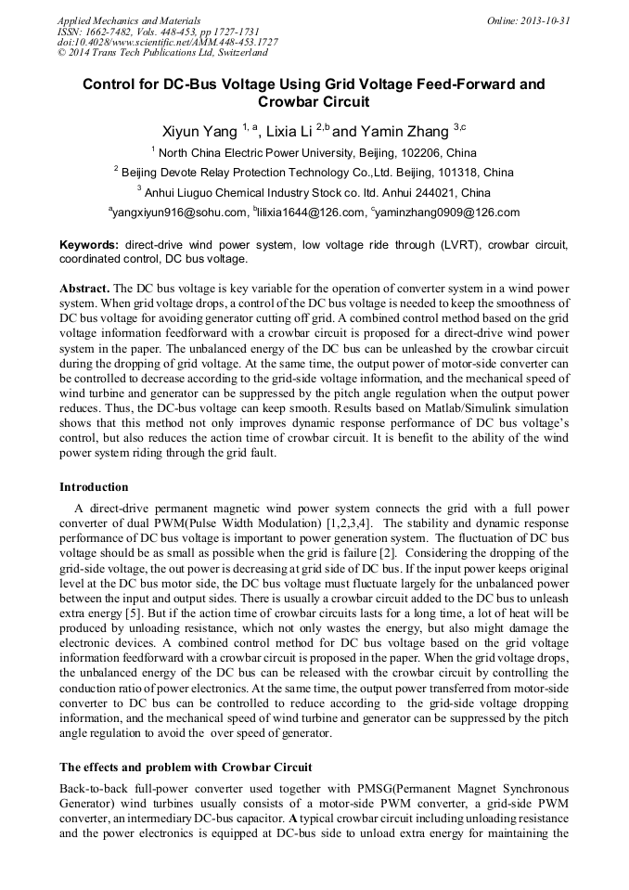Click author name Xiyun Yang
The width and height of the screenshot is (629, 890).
click(199, 131)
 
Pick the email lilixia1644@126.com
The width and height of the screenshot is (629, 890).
click(310, 213)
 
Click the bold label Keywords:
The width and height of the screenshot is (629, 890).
click(90, 245)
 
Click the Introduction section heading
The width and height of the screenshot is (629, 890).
click(94, 486)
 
